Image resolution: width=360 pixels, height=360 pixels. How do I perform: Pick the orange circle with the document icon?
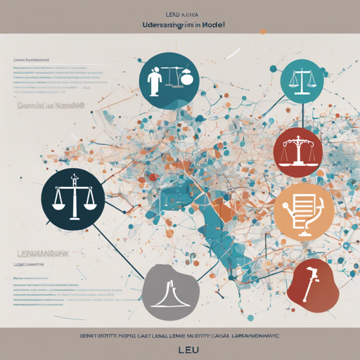coord(303,209)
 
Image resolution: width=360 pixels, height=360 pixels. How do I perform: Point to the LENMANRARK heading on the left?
coord(39,250)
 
